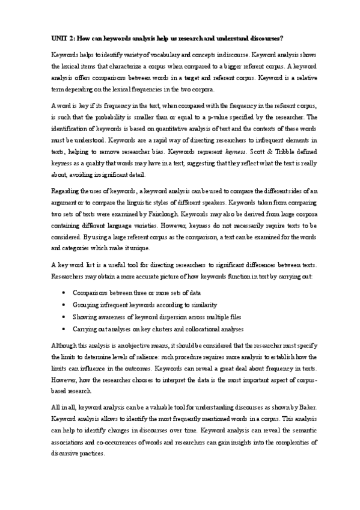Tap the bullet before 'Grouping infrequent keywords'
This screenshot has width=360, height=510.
64,304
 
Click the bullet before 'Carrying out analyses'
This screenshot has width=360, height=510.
64,330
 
